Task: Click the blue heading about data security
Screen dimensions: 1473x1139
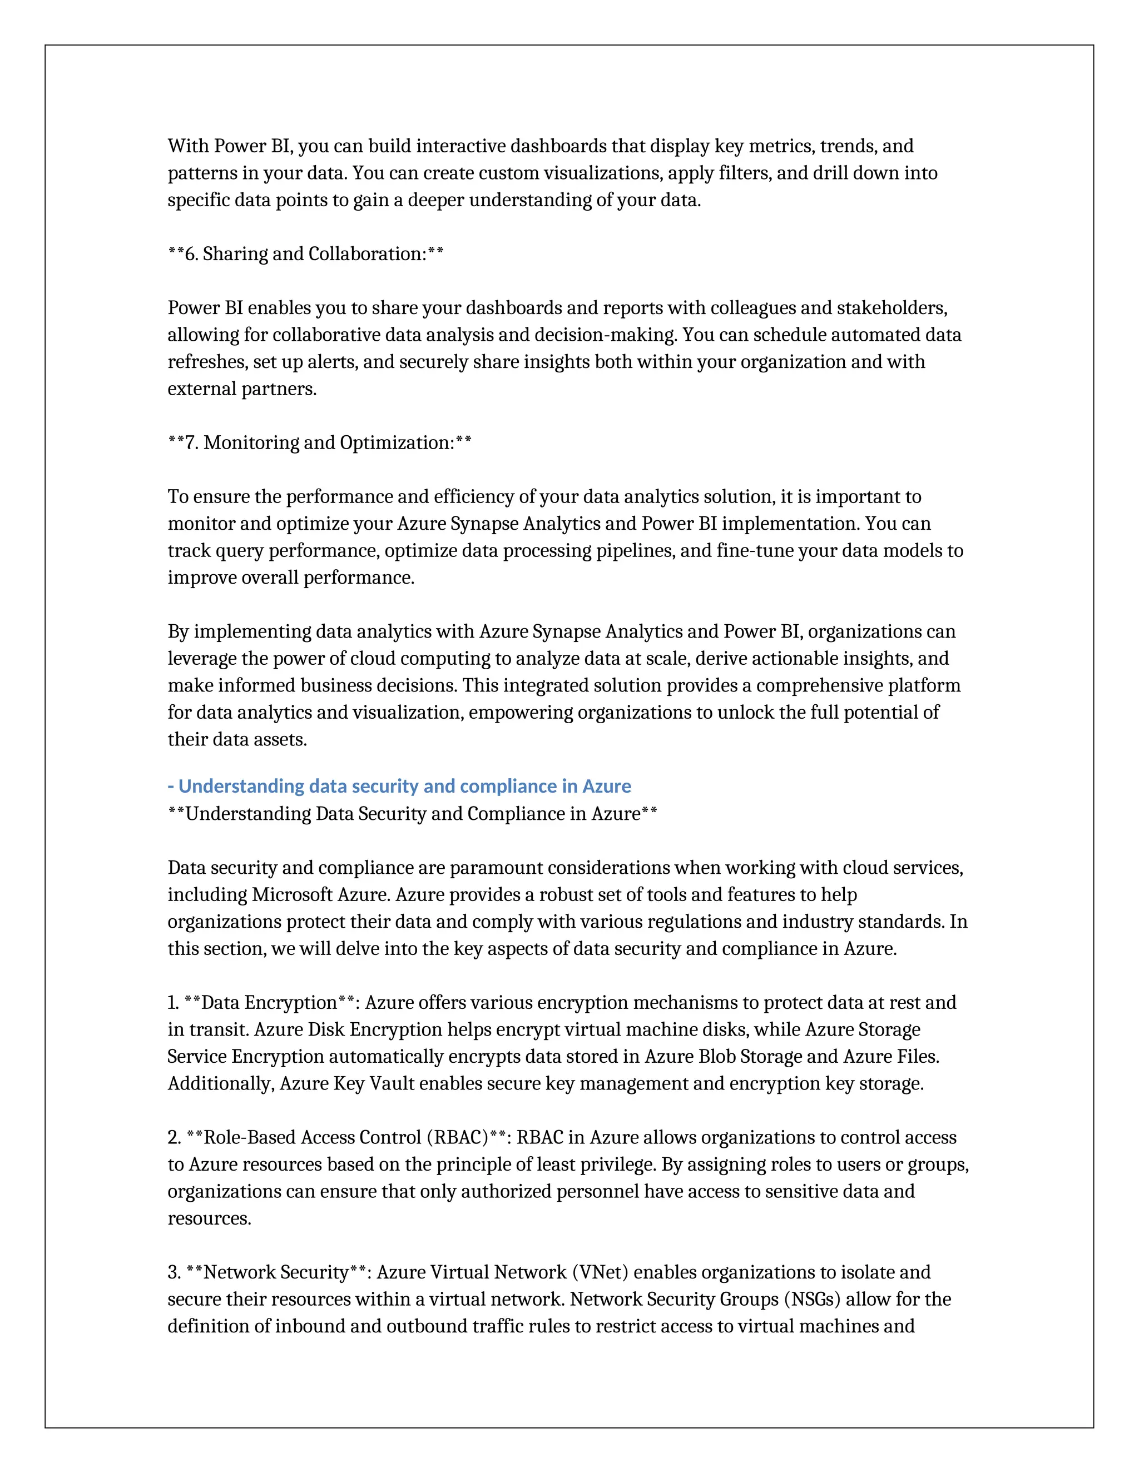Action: (399, 787)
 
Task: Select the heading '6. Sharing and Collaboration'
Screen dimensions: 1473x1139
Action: (306, 254)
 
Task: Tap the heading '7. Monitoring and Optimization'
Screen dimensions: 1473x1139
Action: (319, 443)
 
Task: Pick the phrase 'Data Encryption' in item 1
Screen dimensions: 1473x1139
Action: (269, 1003)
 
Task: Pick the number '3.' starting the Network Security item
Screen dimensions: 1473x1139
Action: (174, 1273)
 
